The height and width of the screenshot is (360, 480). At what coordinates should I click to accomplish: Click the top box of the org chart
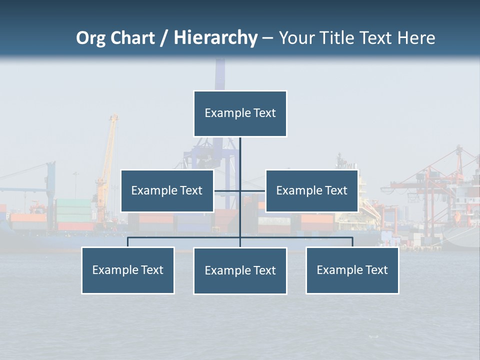coord(240,113)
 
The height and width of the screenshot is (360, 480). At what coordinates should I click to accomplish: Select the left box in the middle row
coord(167,191)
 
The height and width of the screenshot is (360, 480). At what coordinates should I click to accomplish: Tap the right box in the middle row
coord(311,191)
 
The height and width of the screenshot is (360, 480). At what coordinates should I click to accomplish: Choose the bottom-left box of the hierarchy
coord(128,270)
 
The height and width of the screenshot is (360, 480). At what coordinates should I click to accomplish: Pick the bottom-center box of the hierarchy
coord(240,271)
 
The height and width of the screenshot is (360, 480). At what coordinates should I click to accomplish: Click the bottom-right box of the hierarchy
coord(352,270)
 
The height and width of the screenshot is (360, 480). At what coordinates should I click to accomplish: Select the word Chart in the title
coord(132,38)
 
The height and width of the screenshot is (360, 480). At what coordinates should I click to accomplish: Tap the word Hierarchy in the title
coord(215,38)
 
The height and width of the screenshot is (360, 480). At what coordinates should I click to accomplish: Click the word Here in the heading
coord(416,38)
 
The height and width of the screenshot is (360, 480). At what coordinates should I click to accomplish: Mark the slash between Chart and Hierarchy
coord(164,38)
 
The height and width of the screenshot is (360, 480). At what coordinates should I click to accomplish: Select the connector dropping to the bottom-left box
coord(128,242)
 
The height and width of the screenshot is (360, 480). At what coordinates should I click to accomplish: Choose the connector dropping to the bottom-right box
coord(352,242)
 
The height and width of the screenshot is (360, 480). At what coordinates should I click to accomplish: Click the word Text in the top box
coord(264,113)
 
